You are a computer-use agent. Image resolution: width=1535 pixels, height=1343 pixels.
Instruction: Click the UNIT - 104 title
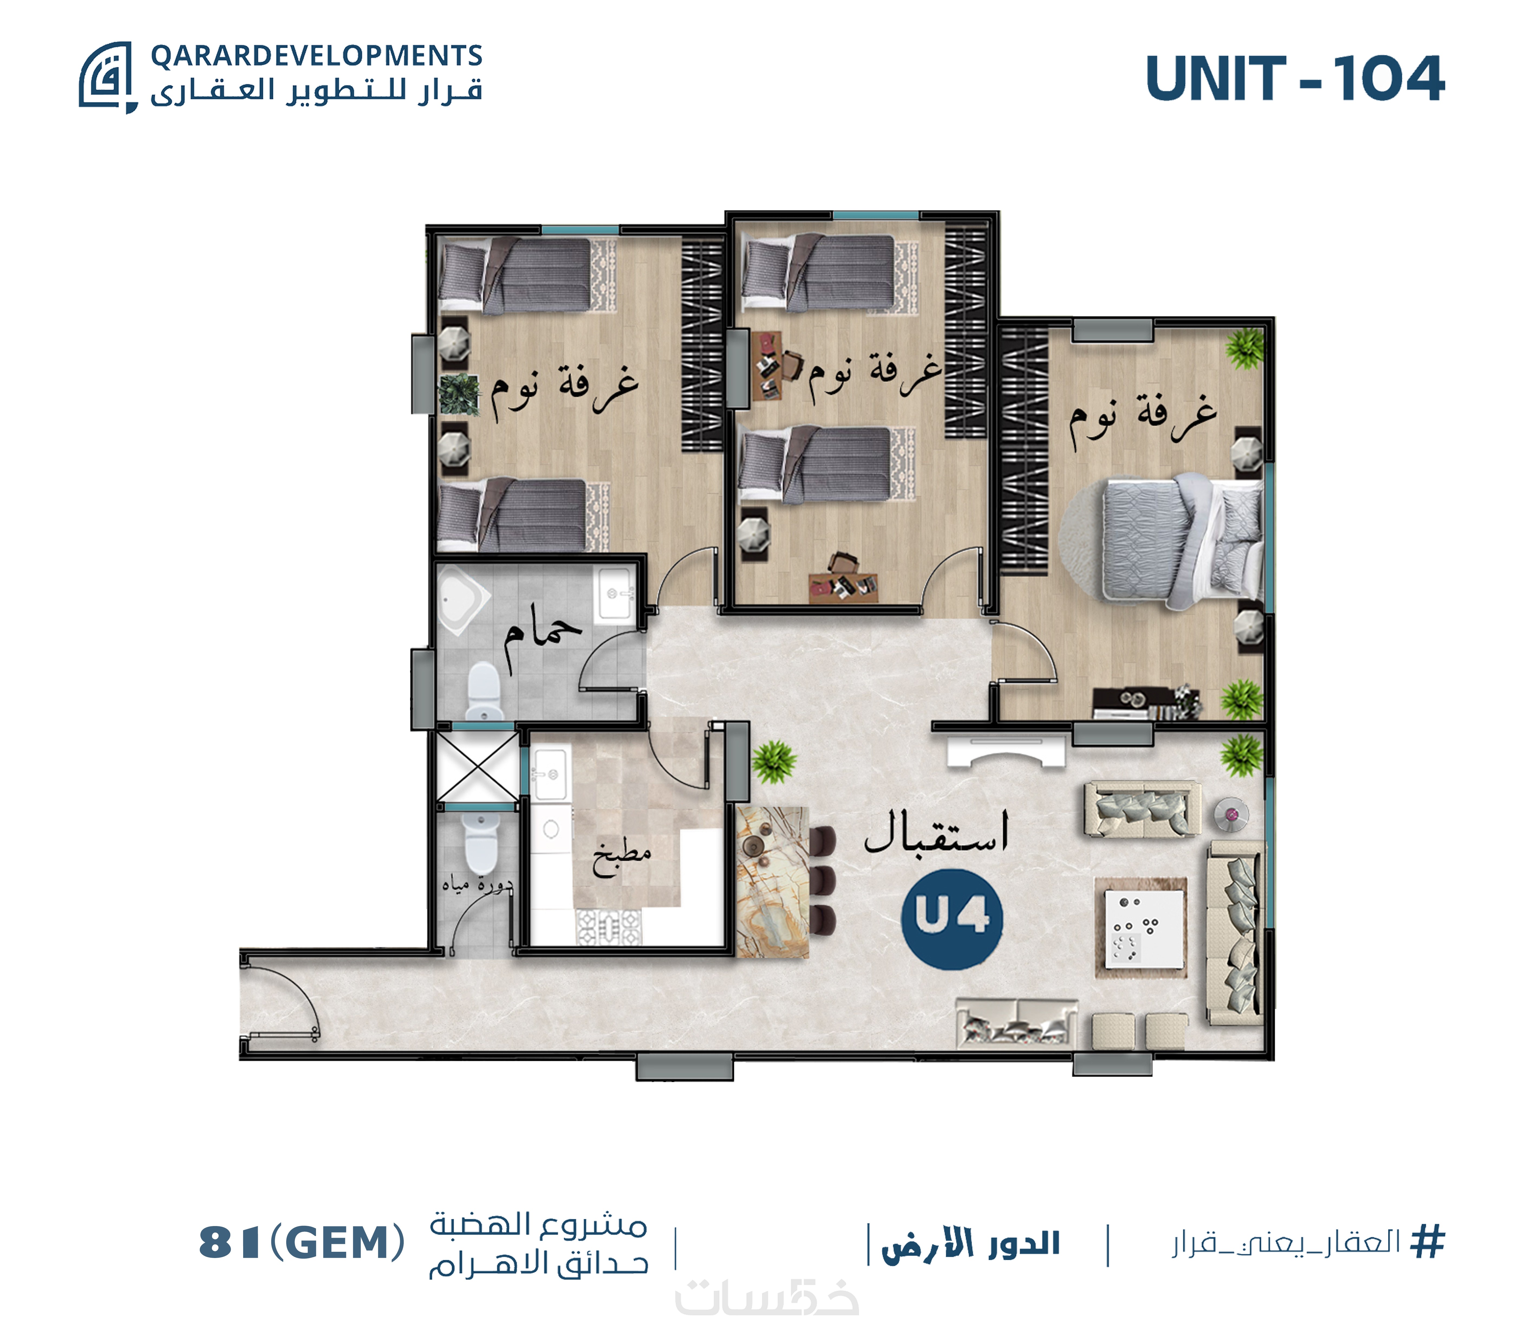(1294, 79)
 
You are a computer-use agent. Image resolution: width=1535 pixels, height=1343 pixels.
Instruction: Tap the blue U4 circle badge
(952, 919)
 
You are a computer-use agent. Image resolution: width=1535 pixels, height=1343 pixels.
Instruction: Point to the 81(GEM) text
(301, 1243)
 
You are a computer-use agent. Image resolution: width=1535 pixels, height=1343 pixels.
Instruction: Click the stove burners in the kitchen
(608, 927)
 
